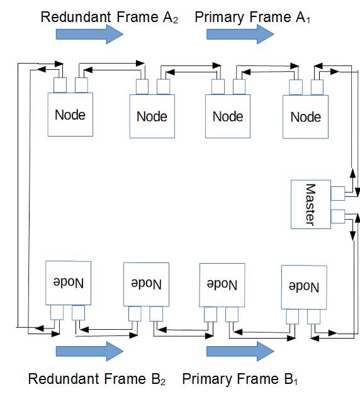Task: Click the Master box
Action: [311, 205]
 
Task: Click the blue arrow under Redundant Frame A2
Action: [89, 34]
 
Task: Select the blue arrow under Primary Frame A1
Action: [240, 34]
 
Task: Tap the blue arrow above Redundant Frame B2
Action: [89, 351]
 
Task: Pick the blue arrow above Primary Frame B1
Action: [240, 351]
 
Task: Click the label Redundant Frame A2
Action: [110, 18]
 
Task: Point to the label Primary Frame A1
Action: [252, 18]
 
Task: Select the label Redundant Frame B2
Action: [97, 379]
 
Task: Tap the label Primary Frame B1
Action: [240, 379]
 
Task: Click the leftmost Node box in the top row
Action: [70, 115]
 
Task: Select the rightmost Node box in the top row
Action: [305, 117]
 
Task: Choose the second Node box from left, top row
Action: [152, 116]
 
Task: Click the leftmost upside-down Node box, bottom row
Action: [68, 283]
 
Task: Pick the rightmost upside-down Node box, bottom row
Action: [304, 287]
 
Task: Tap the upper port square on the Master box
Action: [338, 193]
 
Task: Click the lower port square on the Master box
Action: [338, 216]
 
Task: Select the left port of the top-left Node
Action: [60, 85]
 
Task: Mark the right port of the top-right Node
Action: [317, 87]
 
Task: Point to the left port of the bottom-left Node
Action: [57, 313]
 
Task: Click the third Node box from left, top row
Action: [228, 116]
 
